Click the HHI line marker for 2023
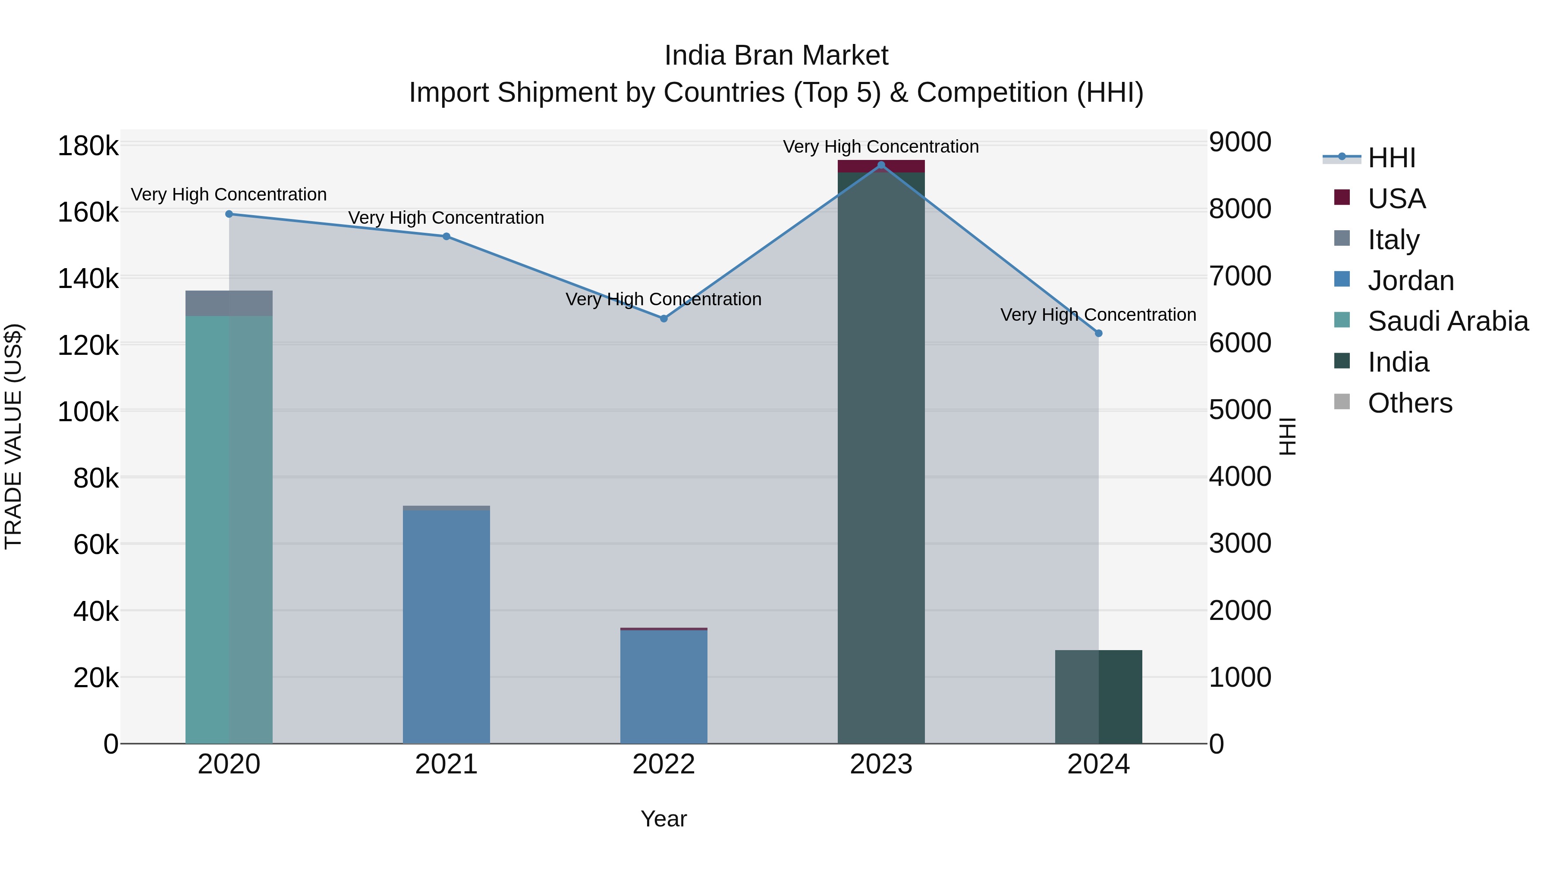pyautogui.click(x=881, y=165)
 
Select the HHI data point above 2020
pyautogui.click(x=229, y=214)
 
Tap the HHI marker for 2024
pyautogui.click(x=1098, y=333)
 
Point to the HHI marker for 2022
pyautogui.click(x=664, y=319)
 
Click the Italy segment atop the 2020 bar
pyautogui.click(x=229, y=303)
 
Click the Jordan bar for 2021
pyautogui.click(x=446, y=626)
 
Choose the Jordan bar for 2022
pyautogui.click(x=664, y=687)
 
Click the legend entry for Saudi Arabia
pyautogui.click(x=1447, y=321)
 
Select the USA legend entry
pyautogui.click(x=1396, y=198)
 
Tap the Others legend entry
pyautogui.click(x=1409, y=403)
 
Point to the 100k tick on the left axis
pyautogui.click(x=88, y=412)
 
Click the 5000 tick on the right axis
pyautogui.click(x=1239, y=410)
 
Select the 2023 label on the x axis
pyautogui.click(x=881, y=764)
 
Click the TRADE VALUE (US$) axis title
pyautogui.click(x=13, y=436)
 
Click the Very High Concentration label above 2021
pyautogui.click(x=446, y=218)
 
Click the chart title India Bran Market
pyautogui.click(x=776, y=56)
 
